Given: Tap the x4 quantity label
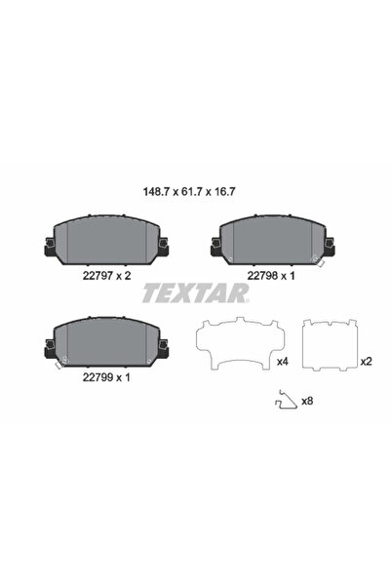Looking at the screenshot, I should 282,362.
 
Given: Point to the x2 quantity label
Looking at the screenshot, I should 366,362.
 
